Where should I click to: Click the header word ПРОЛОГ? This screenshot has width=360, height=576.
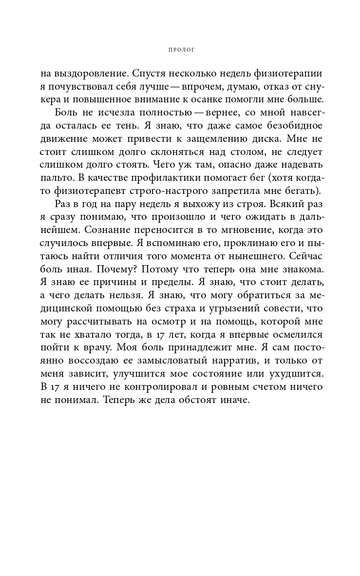point(180,49)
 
